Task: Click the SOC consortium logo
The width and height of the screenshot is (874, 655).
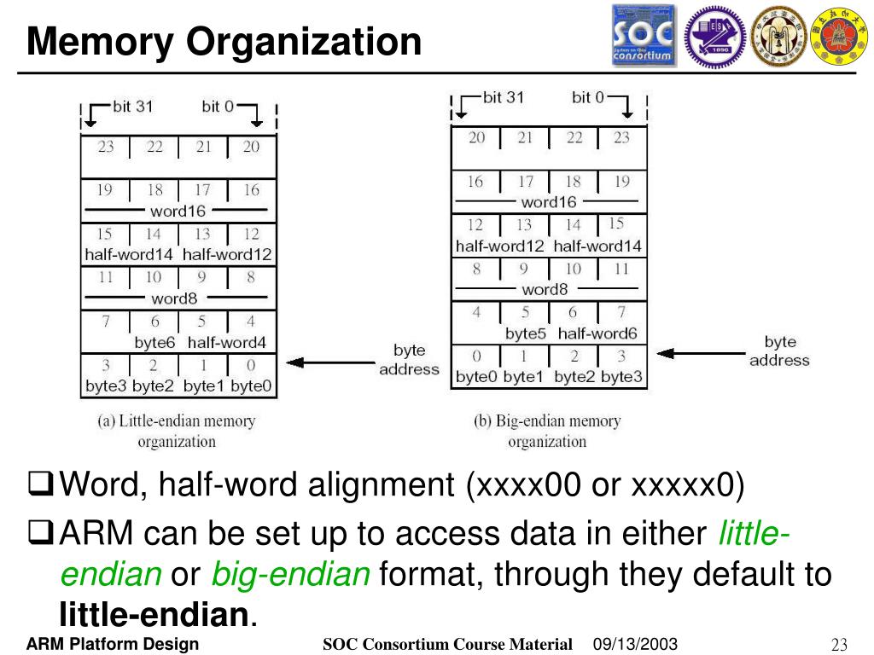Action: coord(643,36)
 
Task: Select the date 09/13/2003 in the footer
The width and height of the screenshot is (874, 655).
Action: coord(635,644)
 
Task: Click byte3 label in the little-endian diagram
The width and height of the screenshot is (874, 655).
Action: coord(107,386)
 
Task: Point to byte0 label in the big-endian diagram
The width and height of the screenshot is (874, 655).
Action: coord(476,377)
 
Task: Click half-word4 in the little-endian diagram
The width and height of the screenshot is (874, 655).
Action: coord(227,343)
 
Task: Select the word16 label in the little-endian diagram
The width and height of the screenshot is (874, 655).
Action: coord(178,212)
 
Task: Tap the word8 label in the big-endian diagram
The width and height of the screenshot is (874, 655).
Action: coord(545,289)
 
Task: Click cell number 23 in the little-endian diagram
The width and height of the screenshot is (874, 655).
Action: coord(106,148)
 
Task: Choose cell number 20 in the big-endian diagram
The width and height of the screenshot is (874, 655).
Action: coord(476,138)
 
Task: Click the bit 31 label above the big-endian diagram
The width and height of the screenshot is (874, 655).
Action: coord(504,97)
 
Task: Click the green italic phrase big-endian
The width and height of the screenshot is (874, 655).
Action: coord(290,574)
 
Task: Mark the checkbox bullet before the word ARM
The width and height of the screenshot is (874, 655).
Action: coord(41,535)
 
